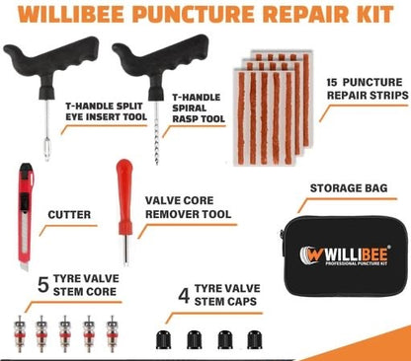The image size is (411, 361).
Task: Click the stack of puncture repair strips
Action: pos(271,99)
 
